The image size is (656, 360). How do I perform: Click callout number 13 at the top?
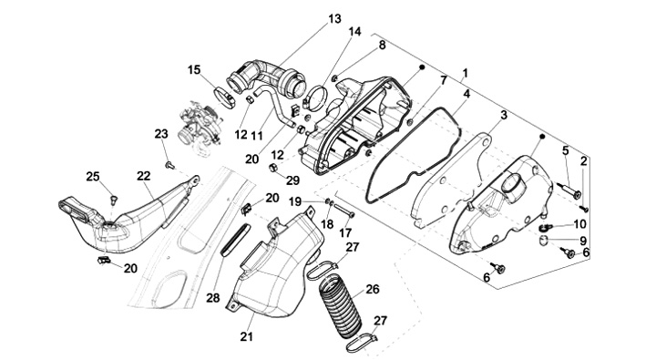(334, 19)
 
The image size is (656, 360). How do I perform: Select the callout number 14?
(354, 32)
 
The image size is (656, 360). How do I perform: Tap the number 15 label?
(194, 69)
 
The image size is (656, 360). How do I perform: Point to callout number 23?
(161, 134)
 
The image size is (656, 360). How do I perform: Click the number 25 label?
(93, 177)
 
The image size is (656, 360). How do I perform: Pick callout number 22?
(144, 176)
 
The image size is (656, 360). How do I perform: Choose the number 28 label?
(213, 298)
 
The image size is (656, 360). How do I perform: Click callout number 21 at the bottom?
(246, 336)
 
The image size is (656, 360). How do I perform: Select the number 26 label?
(373, 289)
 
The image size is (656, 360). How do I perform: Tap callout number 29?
(292, 180)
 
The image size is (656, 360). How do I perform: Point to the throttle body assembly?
(198, 125)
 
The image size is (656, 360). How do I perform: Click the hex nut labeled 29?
(272, 168)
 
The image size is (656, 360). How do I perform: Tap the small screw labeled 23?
(169, 165)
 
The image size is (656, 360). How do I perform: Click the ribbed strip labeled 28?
(235, 240)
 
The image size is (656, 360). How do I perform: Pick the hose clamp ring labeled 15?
(225, 98)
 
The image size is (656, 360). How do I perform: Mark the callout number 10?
(579, 224)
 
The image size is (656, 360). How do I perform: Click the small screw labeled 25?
(113, 199)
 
